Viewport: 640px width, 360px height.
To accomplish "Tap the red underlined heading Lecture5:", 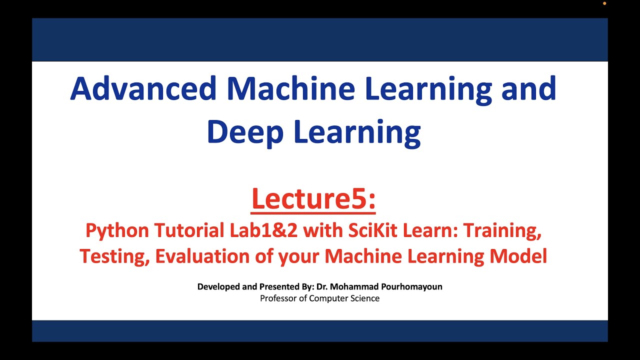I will point(313,198).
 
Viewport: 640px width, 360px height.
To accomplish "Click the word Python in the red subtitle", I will point(117,230).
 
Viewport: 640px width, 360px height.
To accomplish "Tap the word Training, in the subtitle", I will point(502,230).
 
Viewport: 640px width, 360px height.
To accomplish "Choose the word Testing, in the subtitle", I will point(114,256).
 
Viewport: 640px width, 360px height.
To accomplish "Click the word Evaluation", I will point(204,256).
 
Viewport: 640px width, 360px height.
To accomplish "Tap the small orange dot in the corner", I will point(604,3).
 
